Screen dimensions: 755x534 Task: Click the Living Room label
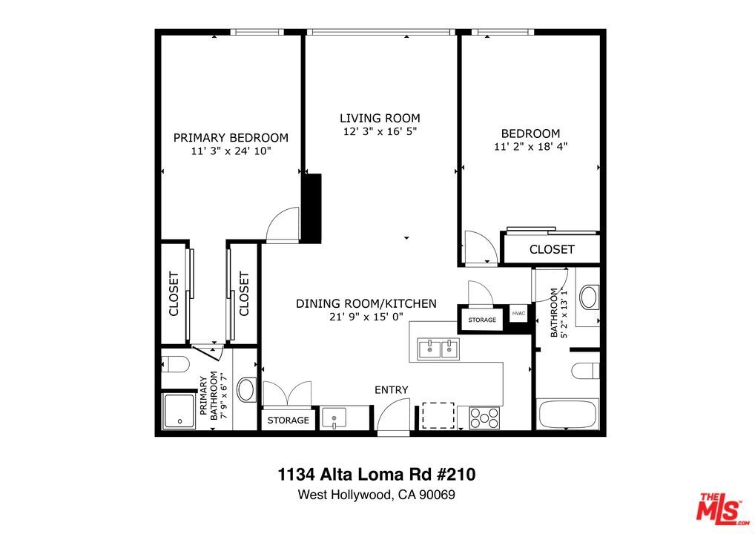point(380,118)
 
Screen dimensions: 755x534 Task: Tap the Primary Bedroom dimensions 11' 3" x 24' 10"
point(231,151)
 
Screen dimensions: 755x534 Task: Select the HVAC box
point(518,314)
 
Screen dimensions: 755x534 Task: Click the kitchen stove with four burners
point(484,418)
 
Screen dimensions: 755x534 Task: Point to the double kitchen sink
point(438,348)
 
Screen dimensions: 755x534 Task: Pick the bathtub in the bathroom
point(568,413)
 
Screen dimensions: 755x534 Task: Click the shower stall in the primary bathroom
point(179,411)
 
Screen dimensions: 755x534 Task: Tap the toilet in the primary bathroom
point(174,364)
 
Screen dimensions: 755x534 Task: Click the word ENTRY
point(392,390)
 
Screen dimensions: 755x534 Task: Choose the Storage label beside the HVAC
point(482,320)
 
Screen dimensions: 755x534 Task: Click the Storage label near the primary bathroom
point(288,421)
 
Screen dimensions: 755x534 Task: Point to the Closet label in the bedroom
point(552,249)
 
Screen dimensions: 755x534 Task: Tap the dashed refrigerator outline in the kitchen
point(438,415)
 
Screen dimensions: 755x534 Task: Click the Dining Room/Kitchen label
point(366,304)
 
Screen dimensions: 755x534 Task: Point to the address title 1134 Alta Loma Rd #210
point(377,475)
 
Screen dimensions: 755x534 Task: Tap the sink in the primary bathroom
point(247,389)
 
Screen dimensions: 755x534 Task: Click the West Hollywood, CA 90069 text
point(377,495)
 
